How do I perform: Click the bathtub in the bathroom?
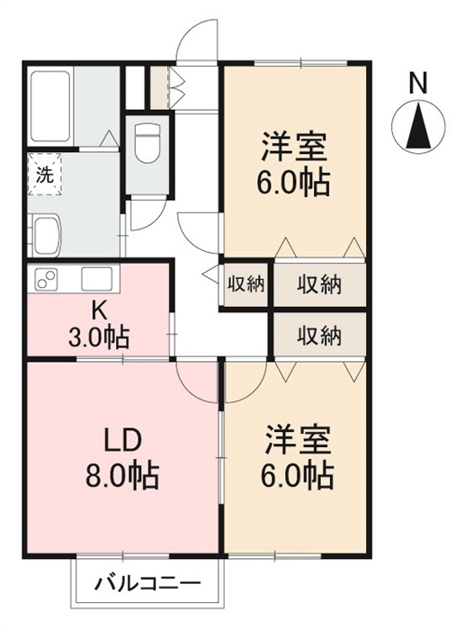tap(50, 106)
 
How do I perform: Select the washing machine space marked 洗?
tap(44, 174)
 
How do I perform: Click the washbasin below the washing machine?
tap(47, 236)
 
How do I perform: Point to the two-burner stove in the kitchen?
tap(46, 278)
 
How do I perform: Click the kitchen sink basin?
tap(97, 278)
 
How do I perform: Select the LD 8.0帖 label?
tap(121, 457)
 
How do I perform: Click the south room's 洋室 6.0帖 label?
tap(297, 457)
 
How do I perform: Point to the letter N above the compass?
tap(418, 84)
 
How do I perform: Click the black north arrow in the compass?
tap(418, 125)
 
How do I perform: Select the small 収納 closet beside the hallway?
tap(246, 284)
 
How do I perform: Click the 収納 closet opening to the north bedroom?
tap(319, 284)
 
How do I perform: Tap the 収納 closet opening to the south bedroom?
tap(319, 335)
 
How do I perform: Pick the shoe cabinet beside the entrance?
tap(160, 87)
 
